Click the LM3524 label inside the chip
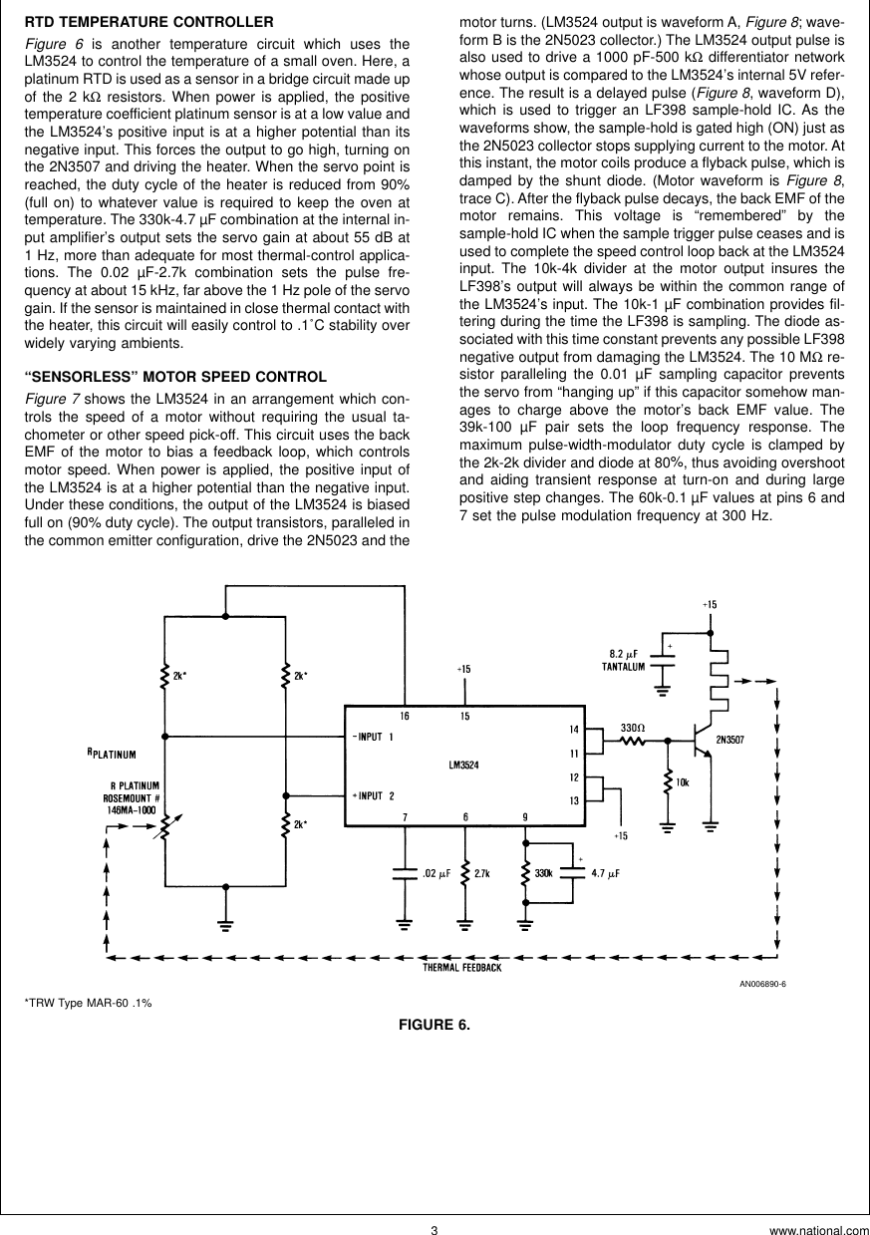[464, 766]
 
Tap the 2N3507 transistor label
[734, 740]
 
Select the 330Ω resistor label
[633, 729]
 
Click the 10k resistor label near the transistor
[683, 782]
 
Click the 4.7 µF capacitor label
[605, 872]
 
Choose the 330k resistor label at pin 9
[544, 872]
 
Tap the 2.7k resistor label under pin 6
[482, 872]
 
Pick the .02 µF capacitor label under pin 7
[436, 872]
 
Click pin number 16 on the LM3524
[405, 716]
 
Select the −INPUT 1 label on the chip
[374, 737]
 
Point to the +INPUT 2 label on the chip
[374, 794]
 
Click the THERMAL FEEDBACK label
[461, 968]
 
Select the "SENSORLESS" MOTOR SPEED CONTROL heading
[174, 377]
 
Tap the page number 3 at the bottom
[435, 1229]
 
